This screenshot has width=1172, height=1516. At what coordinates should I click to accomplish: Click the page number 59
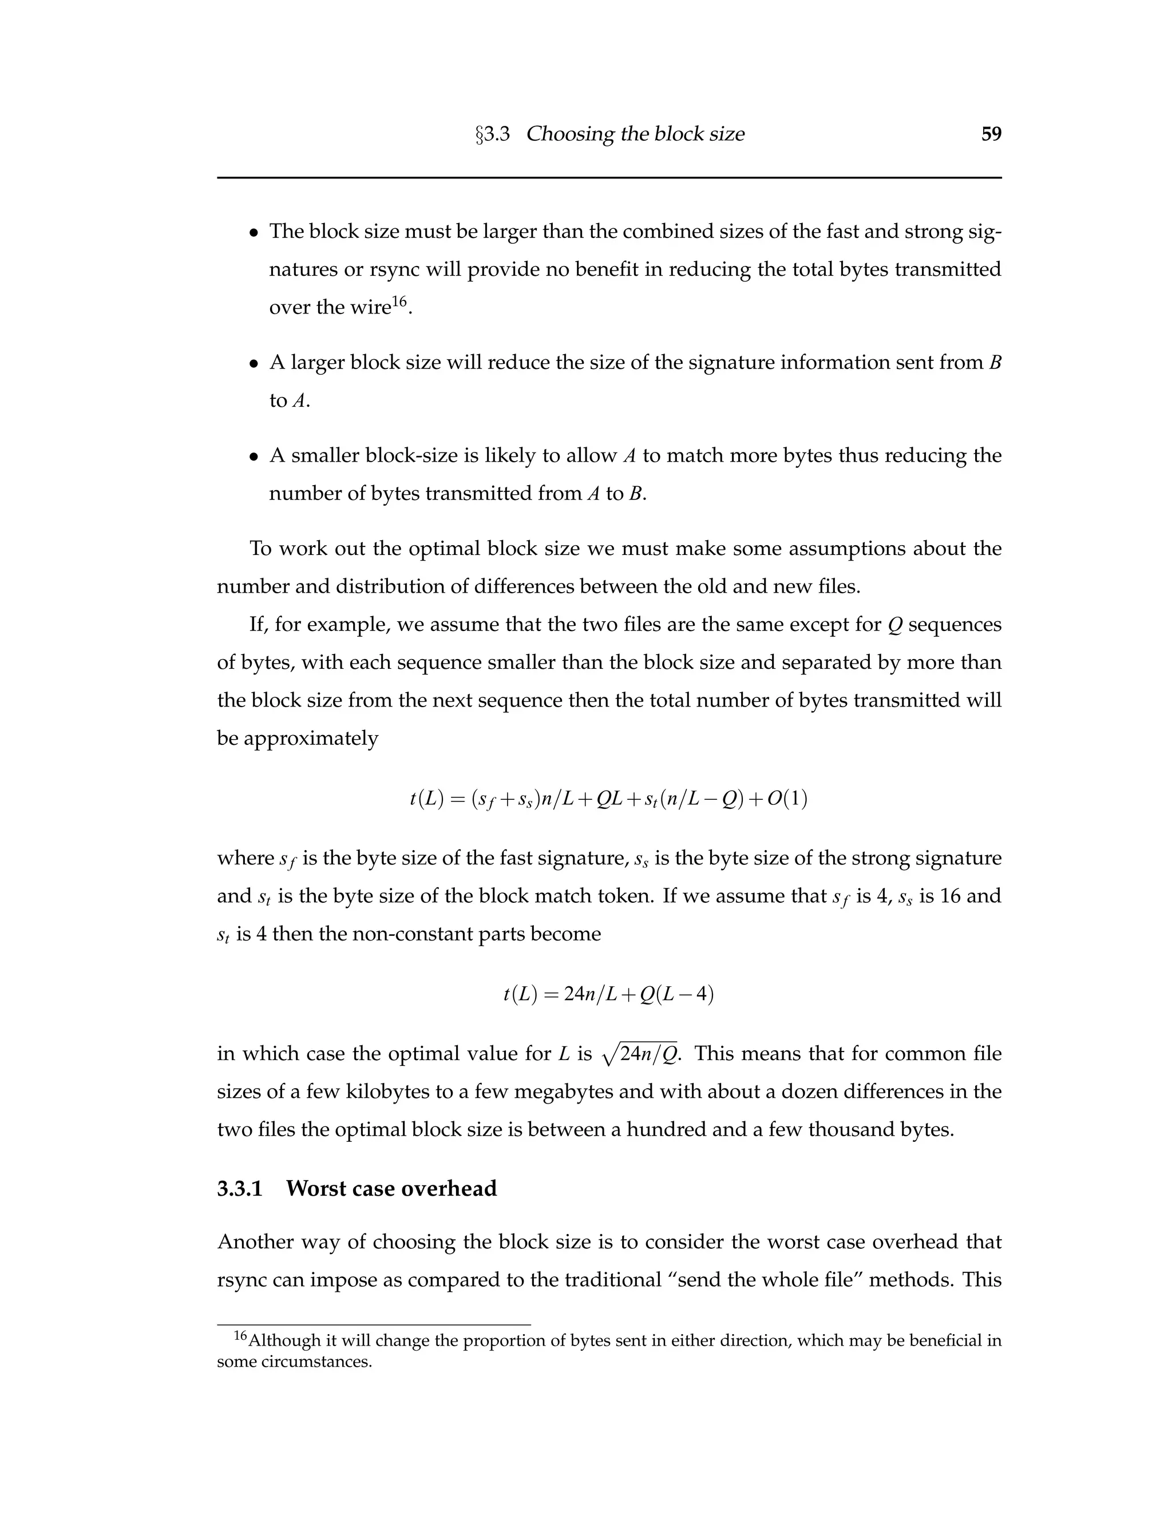tap(991, 134)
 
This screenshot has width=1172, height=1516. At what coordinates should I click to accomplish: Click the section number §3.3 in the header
tap(492, 134)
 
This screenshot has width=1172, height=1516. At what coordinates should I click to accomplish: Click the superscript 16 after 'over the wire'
tap(399, 300)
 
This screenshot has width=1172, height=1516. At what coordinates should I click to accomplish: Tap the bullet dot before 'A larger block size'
tap(254, 364)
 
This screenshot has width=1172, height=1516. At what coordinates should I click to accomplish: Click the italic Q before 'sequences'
tap(895, 625)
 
